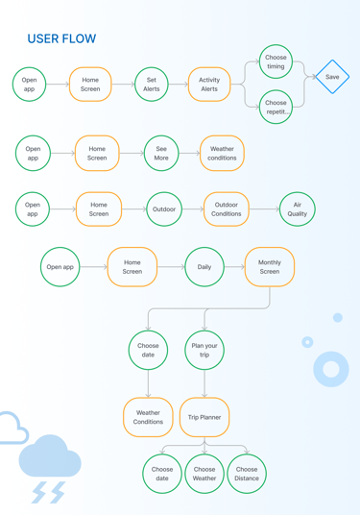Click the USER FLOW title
click(x=61, y=38)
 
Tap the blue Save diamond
click(x=332, y=77)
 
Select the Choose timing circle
click(x=276, y=61)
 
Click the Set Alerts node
click(x=152, y=85)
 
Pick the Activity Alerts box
click(x=209, y=85)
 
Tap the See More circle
click(x=161, y=154)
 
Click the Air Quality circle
click(x=298, y=209)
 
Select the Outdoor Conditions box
click(x=227, y=209)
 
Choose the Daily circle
click(x=204, y=267)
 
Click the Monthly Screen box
click(x=270, y=267)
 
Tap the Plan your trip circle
click(x=204, y=350)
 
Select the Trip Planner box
click(x=204, y=417)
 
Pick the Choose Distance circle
click(x=247, y=474)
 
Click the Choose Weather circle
click(x=204, y=474)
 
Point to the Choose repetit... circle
click(x=276, y=107)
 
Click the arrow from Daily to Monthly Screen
click(x=234, y=267)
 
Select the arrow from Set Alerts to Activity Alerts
click(x=179, y=85)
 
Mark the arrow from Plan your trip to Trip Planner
click(x=204, y=383)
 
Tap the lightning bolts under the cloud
click(x=49, y=492)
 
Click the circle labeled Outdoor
click(x=164, y=209)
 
